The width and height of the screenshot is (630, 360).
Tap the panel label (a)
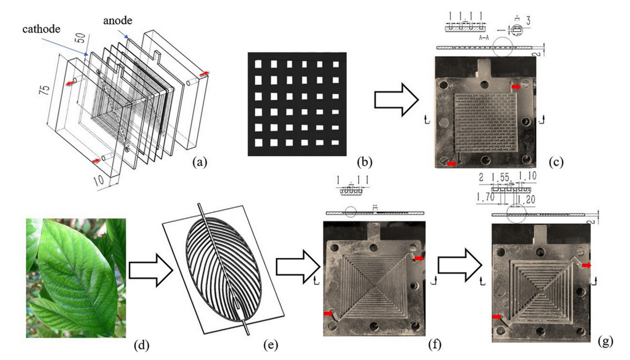click(200, 162)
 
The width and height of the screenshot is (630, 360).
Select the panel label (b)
click(365, 162)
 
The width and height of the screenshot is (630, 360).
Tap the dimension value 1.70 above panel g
click(486, 196)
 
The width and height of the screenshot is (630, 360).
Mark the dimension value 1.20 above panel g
click(527, 196)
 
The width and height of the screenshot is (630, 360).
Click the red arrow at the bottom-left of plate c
click(452, 163)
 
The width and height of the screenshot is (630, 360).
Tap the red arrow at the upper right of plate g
click(587, 265)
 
